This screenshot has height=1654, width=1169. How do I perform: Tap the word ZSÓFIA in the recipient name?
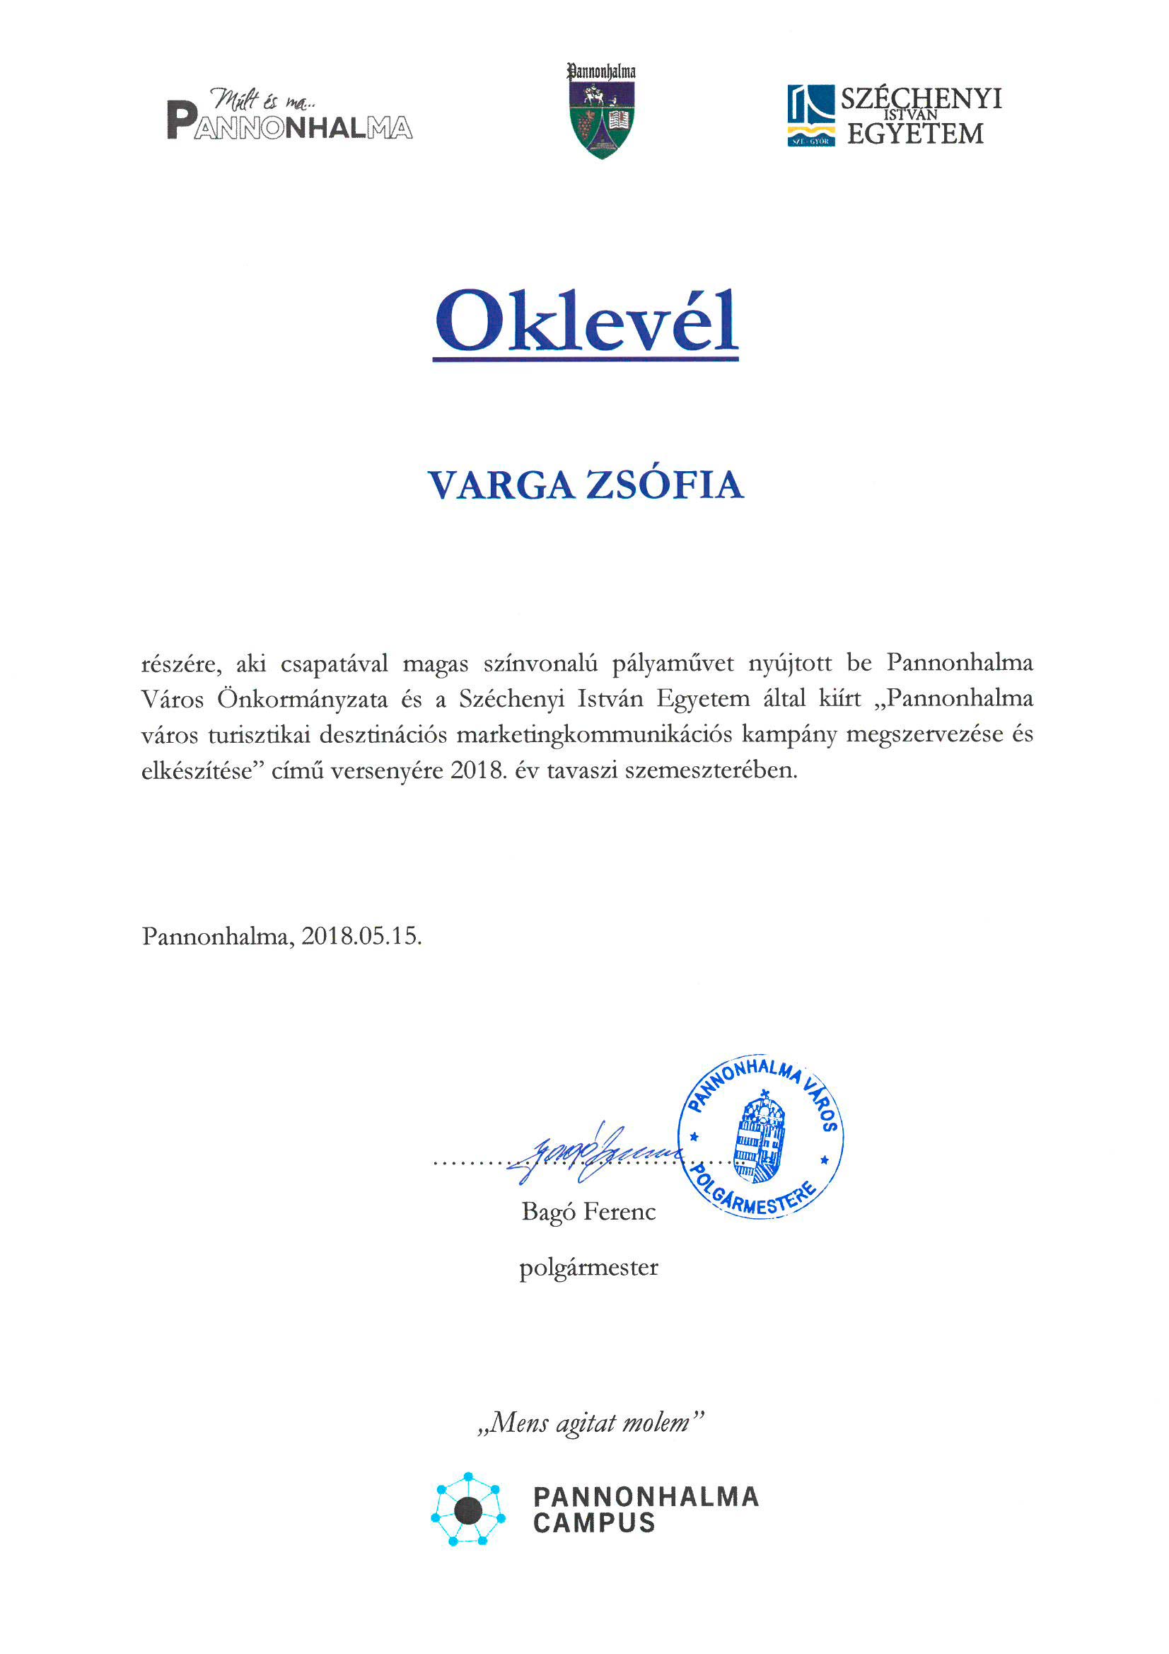[664, 485]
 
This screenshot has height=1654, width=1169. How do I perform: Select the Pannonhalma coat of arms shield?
[601, 118]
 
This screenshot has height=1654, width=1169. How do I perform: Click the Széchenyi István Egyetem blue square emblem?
[811, 115]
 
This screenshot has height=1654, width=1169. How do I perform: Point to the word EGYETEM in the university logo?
[914, 134]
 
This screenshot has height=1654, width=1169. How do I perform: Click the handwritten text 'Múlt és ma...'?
[262, 99]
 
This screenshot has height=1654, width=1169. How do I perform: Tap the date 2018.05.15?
[361, 936]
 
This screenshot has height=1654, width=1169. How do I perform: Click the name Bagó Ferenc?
[588, 1212]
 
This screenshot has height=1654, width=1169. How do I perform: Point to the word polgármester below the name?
[588, 1268]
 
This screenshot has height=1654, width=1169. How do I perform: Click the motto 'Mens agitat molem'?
[589, 1423]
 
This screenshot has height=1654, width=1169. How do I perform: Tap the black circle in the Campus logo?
[468, 1509]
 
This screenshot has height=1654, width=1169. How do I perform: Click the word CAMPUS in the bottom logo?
[594, 1523]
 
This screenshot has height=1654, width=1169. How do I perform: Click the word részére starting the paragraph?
[181, 664]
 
